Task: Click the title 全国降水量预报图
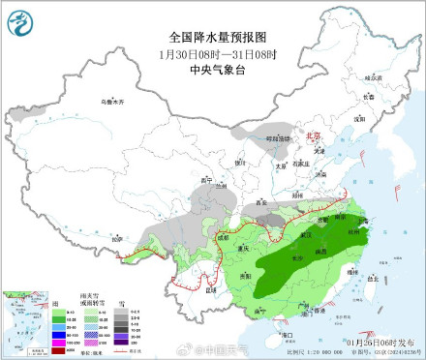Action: [217, 37]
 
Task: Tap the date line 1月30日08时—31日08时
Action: [217, 53]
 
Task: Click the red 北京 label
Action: [312, 137]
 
